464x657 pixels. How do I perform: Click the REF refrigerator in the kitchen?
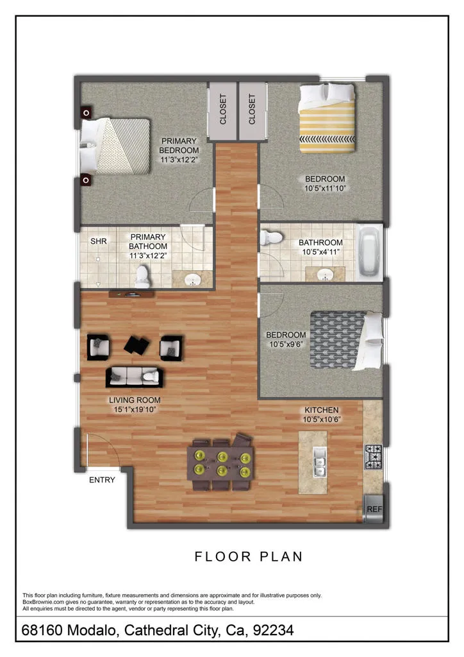[x=373, y=509]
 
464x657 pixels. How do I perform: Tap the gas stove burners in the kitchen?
[x=373, y=457]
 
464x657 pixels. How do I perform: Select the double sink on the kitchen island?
[x=320, y=462]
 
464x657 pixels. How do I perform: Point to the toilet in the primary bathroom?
[x=142, y=277]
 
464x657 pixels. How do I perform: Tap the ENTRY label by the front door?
[x=102, y=480]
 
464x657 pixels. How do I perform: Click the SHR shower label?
[x=99, y=241]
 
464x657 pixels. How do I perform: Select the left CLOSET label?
[x=223, y=109]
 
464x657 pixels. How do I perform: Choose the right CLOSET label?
[x=252, y=109]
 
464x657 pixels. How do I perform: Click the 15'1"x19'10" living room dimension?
[x=135, y=409]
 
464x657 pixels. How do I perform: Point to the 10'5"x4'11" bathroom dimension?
[x=321, y=252]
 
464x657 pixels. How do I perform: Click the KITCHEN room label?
[x=322, y=410]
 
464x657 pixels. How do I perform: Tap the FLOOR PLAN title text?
[x=249, y=556]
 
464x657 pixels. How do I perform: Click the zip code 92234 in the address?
[x=273, y=630]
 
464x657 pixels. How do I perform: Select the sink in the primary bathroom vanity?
[x=194, y=280]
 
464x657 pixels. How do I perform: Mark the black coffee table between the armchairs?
[x=137, y=345]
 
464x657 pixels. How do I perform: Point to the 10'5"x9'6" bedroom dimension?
[x=286, y=345]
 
